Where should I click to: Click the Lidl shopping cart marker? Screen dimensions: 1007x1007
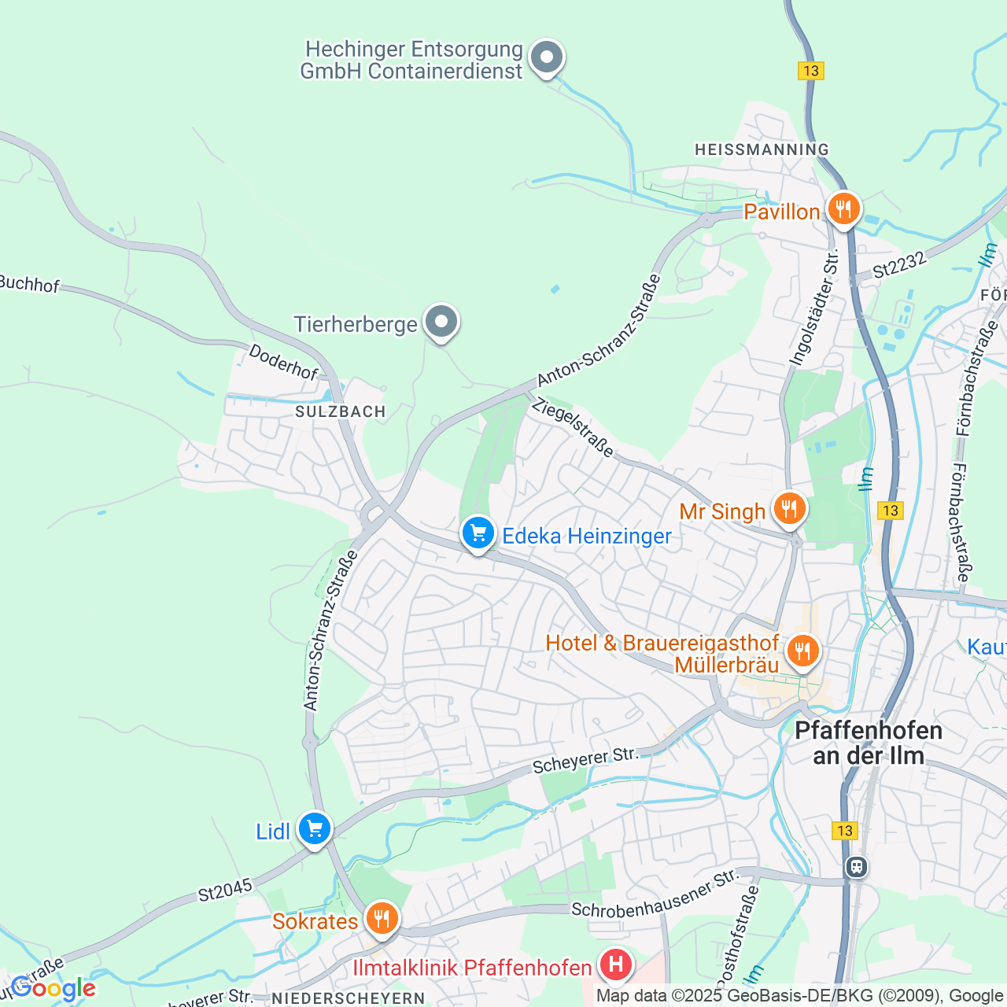pos(314,829)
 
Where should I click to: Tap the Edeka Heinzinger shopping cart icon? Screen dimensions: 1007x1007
pos(478,534)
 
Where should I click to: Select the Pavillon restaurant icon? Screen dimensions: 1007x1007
pos(843,210)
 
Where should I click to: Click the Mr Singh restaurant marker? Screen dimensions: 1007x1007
pos(789,509)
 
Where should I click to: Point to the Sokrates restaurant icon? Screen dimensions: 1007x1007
pos(382,919)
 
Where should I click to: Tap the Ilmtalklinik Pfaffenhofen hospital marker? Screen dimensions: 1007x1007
pos(616,965)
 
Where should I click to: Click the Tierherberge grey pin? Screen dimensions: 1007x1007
pos(441,323)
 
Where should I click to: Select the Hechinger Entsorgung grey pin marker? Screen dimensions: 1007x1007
pos(547,58)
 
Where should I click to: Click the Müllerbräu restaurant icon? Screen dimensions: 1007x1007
pos(802,651)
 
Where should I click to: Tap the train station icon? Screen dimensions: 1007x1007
pos(856,867)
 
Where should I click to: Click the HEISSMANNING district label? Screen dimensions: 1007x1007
pos(762,149)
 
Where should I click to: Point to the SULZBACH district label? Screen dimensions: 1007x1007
pos(341,411)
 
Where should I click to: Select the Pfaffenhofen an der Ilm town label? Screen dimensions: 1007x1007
pos(869,743)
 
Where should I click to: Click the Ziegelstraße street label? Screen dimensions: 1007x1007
pos(572,429)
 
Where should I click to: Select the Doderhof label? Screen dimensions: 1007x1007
pos(283,362)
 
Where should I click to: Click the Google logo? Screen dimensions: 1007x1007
pos(53,988)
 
